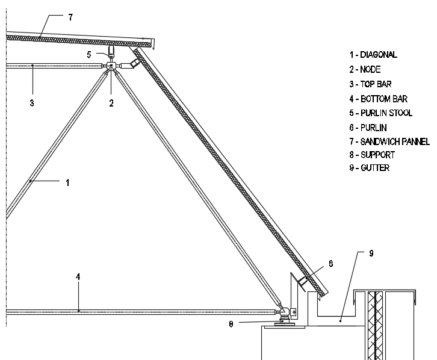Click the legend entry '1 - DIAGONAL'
pos(373,55)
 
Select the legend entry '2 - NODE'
pos(365,69)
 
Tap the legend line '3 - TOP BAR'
pos(370,84)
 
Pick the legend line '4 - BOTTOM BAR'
pos(378,99)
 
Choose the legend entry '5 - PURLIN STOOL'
pos(380,113)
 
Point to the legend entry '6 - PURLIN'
pos(368,128)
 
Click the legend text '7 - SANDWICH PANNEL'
pos(389,142)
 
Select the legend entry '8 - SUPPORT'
pos(372,155)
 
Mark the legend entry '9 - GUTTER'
pos(369,168)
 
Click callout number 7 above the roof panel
pos(70,17)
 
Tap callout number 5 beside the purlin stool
pos(89,55)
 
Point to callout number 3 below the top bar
pos(32,103)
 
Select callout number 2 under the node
pos(111,104)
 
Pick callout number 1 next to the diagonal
pos(67,183)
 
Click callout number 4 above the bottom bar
pos(78,277)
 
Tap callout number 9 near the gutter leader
pos(371,253)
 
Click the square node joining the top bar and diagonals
pos(111,66)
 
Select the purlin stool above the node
pos(111,51)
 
